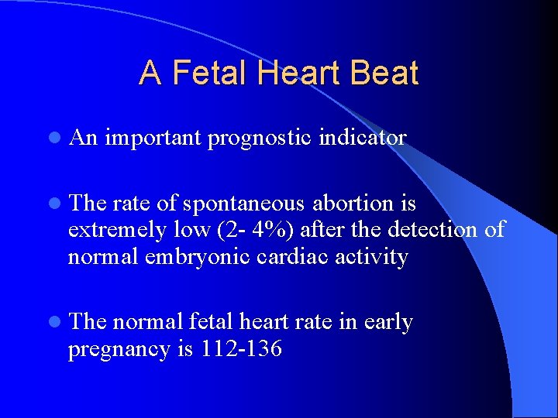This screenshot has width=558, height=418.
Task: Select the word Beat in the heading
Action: pyautogui.click(x=384, y=74)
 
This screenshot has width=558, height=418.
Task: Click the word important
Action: pyautogui.click(x=153, y=138)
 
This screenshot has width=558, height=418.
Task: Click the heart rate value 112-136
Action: pyautogui.click(x=241, y=349)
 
